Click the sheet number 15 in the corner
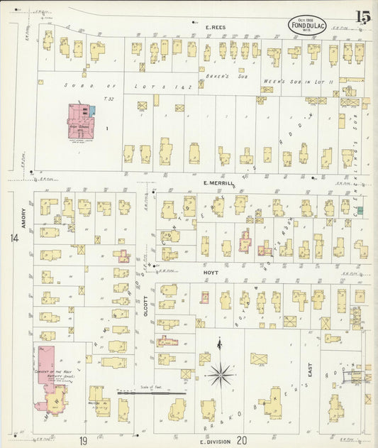[x=362, y=16]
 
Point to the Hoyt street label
[x=211, y=272]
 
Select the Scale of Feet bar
[x=151, y=390]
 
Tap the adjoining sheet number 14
[x=14, y=239]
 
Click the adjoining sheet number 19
[x=84, y=441]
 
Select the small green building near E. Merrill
[x=360, y=210]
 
